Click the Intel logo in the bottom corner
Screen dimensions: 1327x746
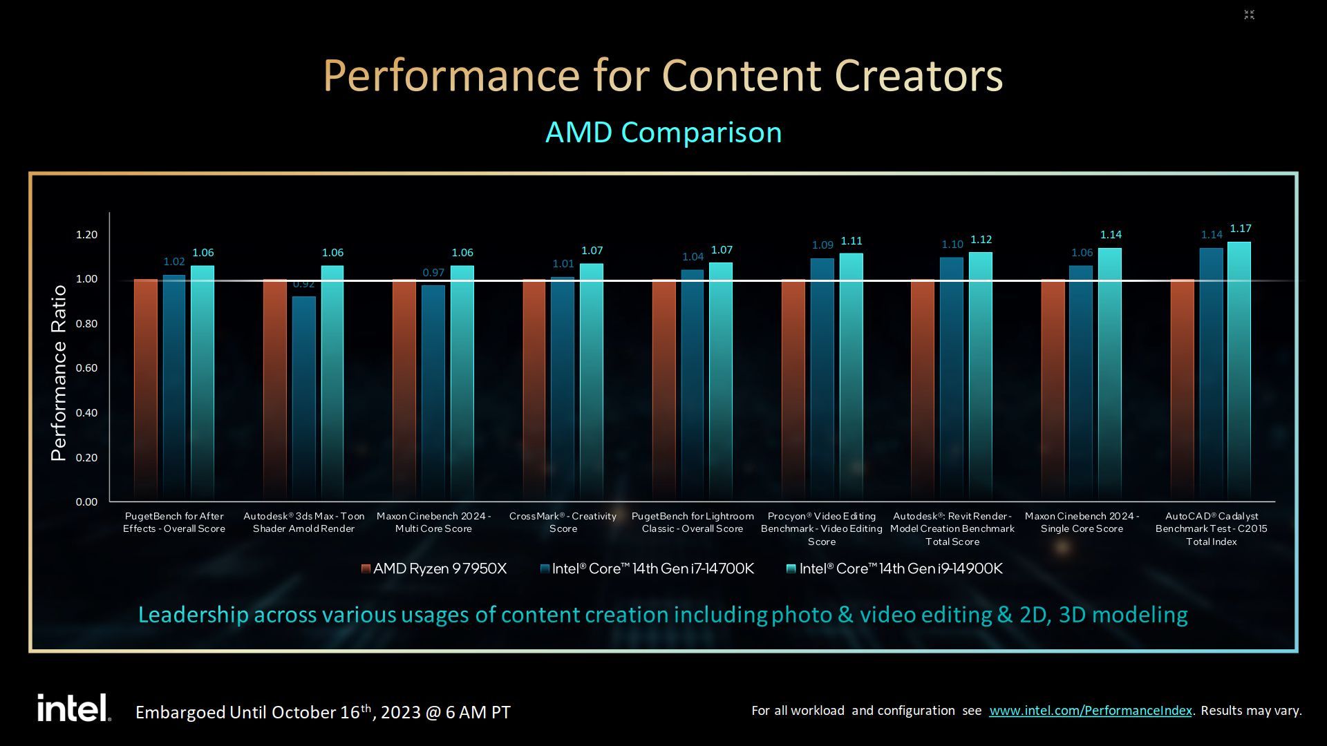click(74, 708)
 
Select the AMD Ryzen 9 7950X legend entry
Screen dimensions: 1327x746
click(434, 568)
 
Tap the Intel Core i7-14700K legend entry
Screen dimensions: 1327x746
click(647, 568)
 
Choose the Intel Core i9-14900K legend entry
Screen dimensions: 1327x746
click(894, 568)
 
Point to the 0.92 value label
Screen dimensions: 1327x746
click(303, 284)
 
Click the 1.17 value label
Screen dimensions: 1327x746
click(1241, 229)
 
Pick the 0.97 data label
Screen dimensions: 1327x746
click(433, 273)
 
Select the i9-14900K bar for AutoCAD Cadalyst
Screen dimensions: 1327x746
click(1239, 372)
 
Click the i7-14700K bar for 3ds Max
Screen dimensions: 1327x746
click(303, 399)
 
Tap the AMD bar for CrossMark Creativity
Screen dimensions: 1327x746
click(534, 390)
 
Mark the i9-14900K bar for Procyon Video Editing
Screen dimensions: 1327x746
click(851, 377)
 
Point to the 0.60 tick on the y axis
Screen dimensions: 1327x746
click(86, 368)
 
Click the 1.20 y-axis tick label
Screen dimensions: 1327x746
click(86, 235)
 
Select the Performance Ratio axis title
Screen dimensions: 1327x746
click(59, 373)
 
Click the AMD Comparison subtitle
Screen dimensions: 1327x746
click(663, 132)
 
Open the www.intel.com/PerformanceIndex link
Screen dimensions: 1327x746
click(1091, 711)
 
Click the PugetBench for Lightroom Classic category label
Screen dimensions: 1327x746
click(693, 522)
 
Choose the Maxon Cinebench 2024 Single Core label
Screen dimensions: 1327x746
click(1082, 522)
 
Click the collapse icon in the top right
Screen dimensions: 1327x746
click(1249, 15)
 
